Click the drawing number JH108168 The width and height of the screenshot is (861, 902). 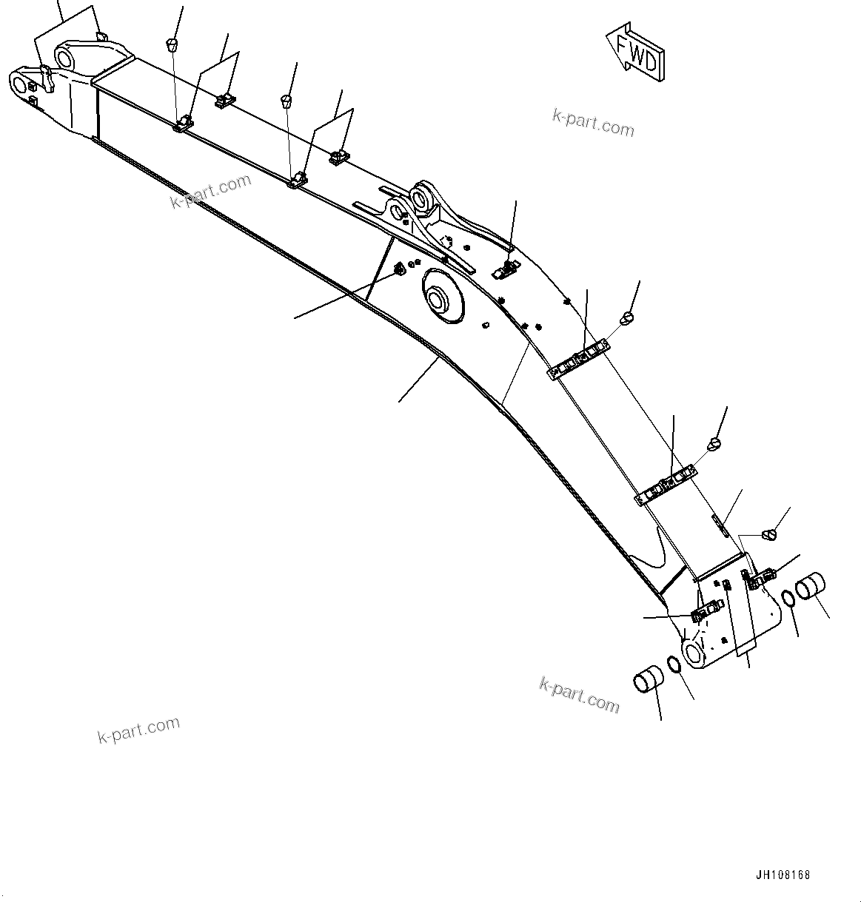783,875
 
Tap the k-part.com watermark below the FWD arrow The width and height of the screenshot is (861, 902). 593,123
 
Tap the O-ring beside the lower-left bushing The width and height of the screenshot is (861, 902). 676,664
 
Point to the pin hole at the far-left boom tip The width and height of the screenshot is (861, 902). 19,81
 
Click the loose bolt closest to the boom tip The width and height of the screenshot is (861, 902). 175,44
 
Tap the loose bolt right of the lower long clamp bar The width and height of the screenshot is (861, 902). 714,443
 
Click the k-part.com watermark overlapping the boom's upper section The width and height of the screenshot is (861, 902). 211,191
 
